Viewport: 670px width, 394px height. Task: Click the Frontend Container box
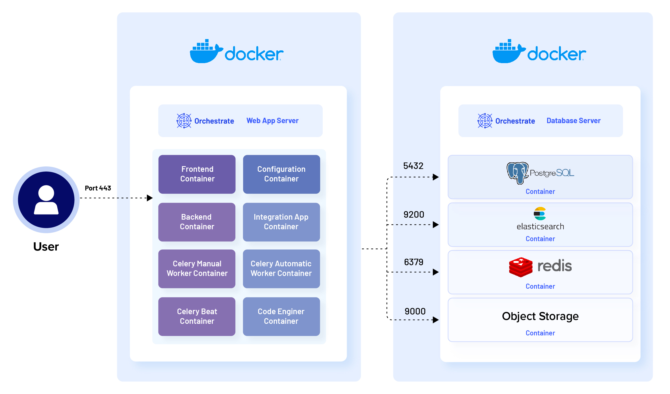(197, 174)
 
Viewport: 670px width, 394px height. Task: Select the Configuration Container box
(281, 174)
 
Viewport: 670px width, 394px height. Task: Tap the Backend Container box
(197, 222)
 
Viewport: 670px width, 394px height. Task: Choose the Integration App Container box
(281, 222)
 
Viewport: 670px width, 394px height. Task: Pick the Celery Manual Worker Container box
(197, 269)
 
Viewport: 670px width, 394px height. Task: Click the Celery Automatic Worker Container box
(281, 269)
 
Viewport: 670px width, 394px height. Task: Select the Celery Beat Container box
(197, 316)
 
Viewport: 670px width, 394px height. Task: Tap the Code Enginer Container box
(281, 316)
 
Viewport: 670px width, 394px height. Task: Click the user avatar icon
(46, 200)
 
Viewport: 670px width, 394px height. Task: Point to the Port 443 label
(98, 188)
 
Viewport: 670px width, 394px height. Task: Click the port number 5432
(413, 166)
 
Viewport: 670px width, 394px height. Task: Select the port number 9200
(414, 215)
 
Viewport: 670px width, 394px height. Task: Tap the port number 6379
(414, 262)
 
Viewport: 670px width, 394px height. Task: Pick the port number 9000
(415, 311)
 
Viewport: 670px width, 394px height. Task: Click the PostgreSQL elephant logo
(517, 173)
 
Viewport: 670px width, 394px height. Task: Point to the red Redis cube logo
(521, 267)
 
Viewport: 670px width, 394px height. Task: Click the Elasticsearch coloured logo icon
(540, 214)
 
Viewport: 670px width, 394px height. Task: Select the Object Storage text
(540, 316)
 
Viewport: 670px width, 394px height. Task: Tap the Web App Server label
(272, 121)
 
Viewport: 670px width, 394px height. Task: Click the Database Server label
(573, 121)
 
